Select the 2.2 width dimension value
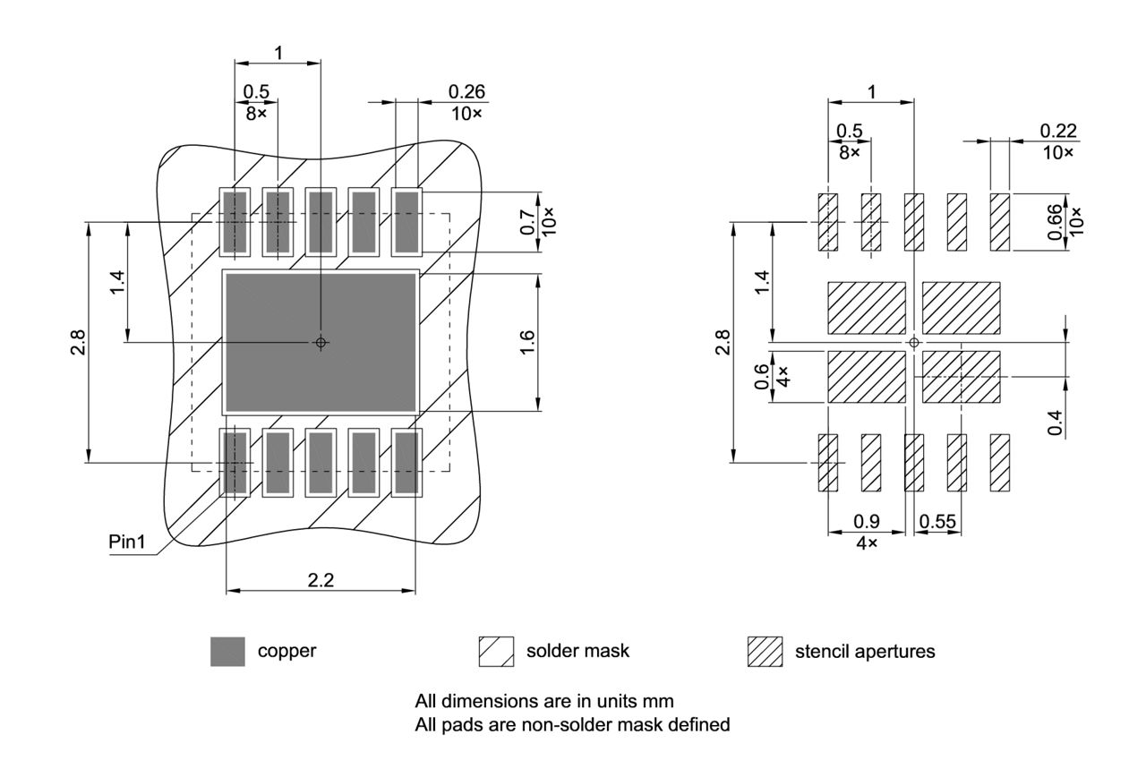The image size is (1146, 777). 321,580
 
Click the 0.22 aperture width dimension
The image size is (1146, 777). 1057,132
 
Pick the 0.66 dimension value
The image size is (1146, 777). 1054,221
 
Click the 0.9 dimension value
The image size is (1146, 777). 866,521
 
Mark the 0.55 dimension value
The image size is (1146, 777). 937,521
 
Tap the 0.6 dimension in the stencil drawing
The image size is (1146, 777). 761,376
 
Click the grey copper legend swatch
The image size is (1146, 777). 227,652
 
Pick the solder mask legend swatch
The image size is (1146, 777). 497,652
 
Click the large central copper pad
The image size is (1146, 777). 321,342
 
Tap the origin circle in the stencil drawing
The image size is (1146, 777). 913,342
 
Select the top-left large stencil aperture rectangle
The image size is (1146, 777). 866,308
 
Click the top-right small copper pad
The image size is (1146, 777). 407,221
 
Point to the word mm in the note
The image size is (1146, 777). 660,700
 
